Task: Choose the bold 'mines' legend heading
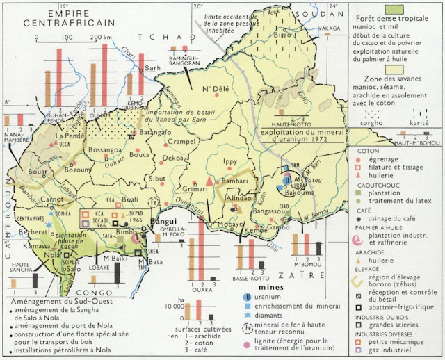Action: pos(268,286)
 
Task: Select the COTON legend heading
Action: pos(367,150)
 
